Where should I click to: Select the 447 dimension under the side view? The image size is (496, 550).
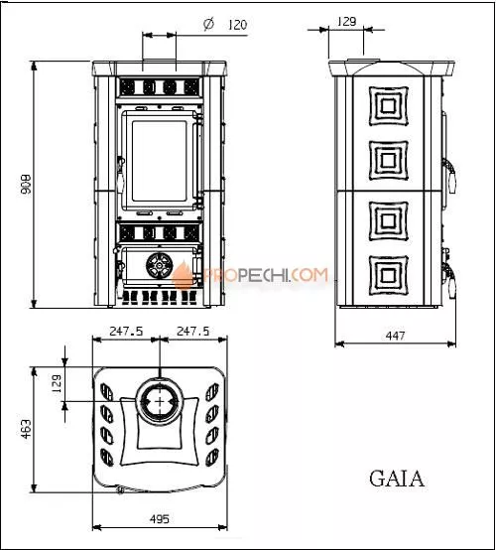click(x=395, y=337)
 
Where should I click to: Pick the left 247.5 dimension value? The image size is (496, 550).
click(x=126, y=331)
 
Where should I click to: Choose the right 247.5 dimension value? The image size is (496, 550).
click(x=191, y=331)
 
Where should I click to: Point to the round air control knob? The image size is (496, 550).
click(x=158, y=266)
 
